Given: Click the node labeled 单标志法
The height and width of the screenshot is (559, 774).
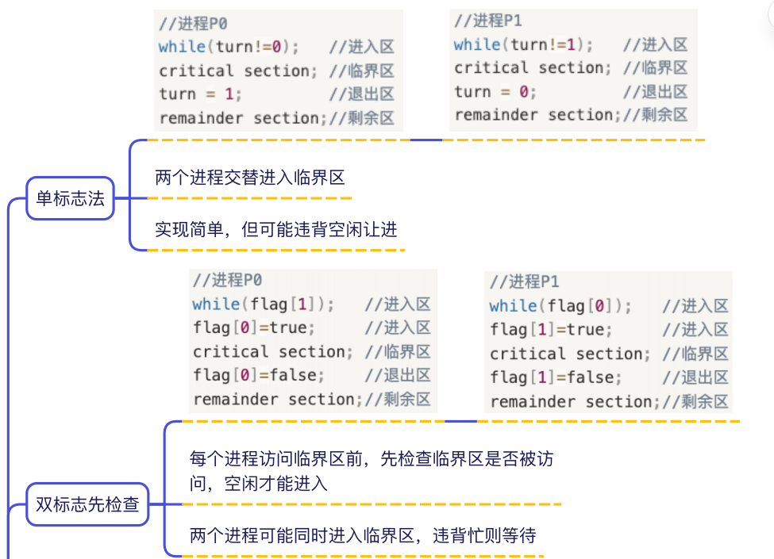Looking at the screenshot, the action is tap(70, 198).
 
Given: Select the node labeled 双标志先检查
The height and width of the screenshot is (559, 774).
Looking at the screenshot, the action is tap(87, 504).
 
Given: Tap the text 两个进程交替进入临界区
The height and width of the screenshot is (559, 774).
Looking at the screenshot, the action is tap(250, 178).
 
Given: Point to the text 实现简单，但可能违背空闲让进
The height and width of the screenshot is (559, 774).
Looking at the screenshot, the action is tap(276, 229).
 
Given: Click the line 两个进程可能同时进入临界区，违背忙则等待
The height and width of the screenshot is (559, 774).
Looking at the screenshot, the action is tap(363, 535).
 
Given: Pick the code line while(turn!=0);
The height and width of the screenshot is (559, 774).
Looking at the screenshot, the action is tap(229, 47).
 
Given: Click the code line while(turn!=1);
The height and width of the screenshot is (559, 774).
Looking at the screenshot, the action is tap(523, 45).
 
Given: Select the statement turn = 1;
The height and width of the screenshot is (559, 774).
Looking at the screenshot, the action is tap(200, 94).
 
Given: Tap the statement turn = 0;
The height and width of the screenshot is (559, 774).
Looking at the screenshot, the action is tap(495, 92).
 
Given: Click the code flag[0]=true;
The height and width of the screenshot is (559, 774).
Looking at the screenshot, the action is tap(254, 327).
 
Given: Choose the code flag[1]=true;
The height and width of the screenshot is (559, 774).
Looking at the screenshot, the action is tap(551, 330).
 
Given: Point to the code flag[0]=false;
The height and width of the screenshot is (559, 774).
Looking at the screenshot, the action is tap(259, 376).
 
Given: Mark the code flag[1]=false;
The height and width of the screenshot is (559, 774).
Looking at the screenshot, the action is tap(556, 377).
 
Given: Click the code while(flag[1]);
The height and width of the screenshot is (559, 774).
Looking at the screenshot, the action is tap(263, 304).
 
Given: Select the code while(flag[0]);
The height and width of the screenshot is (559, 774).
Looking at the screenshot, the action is tap(560, 306).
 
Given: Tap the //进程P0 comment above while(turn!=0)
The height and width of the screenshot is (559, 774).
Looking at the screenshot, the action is tap(193, 23).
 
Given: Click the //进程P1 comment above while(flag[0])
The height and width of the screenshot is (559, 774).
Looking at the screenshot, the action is tap(524, 282).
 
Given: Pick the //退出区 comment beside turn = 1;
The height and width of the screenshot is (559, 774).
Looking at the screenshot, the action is tap(362, 94).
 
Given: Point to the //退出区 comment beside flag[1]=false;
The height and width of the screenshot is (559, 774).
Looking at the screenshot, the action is tap(695, 377).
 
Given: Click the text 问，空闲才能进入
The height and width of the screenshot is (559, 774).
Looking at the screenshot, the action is tap(259, 484).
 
